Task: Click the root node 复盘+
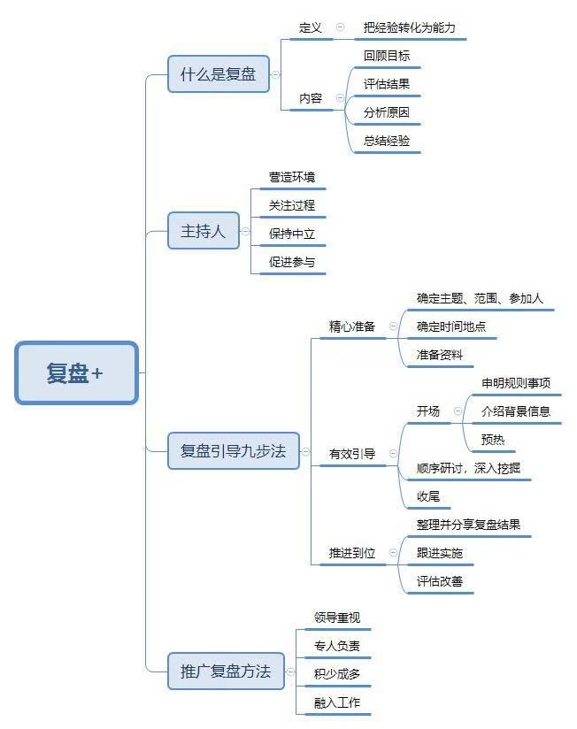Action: pyautogui.click(x=76, y=373)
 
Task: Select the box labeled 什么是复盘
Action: pyautogui.click(x=219, y=74)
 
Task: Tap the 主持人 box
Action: pyautogui.click(x=204, y=232)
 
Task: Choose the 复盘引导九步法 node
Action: pyautogui.click(x=234, y=450)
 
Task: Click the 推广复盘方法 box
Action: pyautogui.click(x=226, y=671)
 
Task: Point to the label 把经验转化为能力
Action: pyautogui.click(x=409, y=27)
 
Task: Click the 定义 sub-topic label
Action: pyautogui.click(x=311, y=27)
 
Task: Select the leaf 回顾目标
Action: pyautogui.click(x=387, y=56)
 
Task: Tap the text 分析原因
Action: pyautogui.click(x=387, y=113)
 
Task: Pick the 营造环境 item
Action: pyautogui.click(x=292, y=178)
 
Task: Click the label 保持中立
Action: pyautogui.click(x=292, y=234)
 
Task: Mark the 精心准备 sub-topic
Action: pyautogui.click(x=352, y=326)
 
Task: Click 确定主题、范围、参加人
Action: pyautogui.click(x=480, y=299)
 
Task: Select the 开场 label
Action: pyautogui.click(x=428, y=411)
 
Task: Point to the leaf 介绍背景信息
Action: pyautogui.click(x=516, y=411)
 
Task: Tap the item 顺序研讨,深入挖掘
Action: pyautogui.click(x=468, y=468)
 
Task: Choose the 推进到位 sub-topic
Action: pyautogui.click(x=352, y=553)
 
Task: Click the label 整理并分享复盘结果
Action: pyautogui.click(x=468, y=525)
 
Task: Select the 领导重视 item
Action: pyautogui.click(x=337, y=618)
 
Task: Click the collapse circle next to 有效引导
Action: pyautogui.click(x=393, y=454)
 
